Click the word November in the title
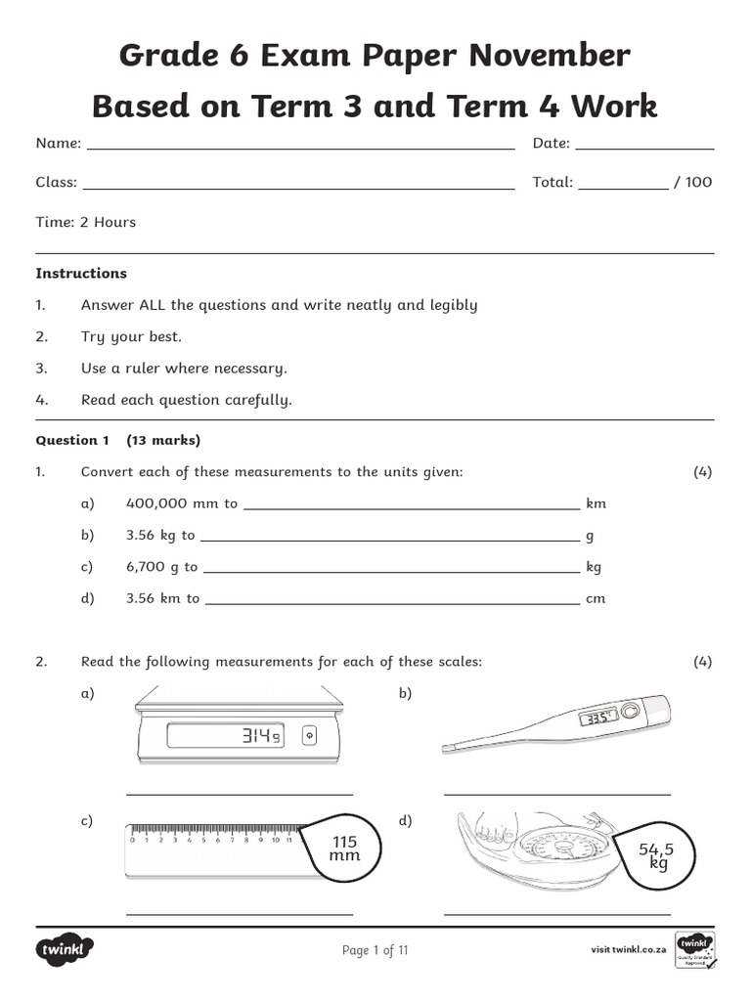tap(549, 56)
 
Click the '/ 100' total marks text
tap(693, 182)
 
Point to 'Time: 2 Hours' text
tap(86, 222)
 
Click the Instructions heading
tap(81, 274)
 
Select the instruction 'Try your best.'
tap(131, 336)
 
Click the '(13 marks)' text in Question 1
tap(163, 440)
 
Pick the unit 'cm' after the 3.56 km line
tap(596, 598)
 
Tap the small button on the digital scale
tap(310, 735)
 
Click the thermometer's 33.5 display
tap(596, 718)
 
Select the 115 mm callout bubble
tap(344, 849)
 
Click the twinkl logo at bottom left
tap(65, 949)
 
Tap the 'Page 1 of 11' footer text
tap(375, 950)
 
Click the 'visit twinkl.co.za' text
tap(629, 949)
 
